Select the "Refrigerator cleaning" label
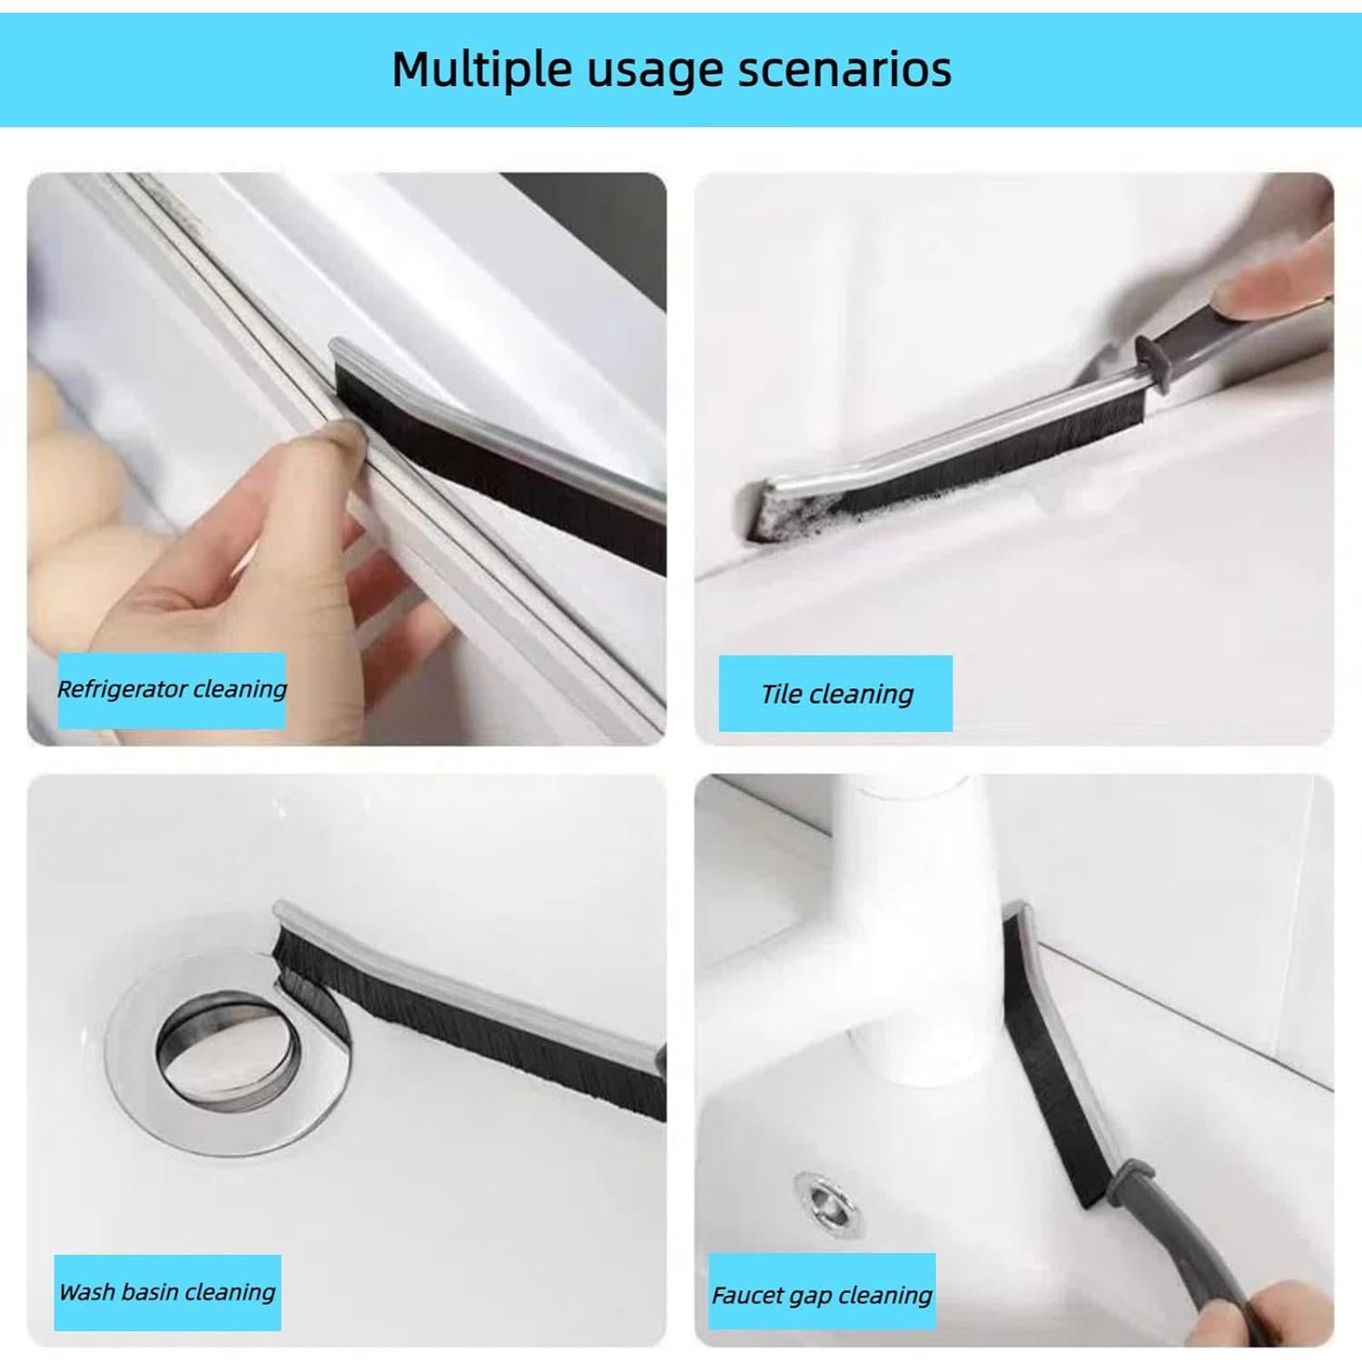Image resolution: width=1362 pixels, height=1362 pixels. point(172,690)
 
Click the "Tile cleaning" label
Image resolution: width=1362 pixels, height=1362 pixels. point(836,695)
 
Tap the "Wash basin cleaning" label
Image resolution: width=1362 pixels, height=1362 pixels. point(167,1292)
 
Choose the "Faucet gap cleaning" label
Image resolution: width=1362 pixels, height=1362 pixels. point(821,1296)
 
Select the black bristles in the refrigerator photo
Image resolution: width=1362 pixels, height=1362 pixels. point(508,472)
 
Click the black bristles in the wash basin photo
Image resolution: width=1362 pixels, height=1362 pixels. point(472,1017)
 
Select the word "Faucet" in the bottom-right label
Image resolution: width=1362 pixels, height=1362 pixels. point(746,1296)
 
